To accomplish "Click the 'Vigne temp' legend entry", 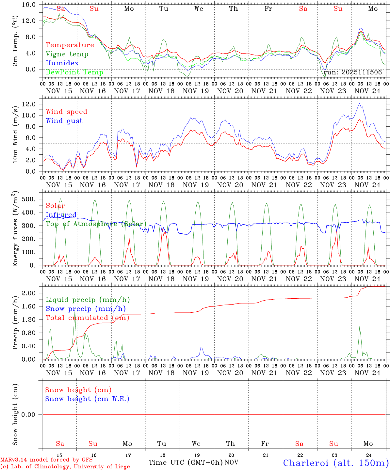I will [67, 54].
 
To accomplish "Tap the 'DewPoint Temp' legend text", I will [74, 72].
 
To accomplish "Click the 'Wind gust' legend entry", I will [64, 121].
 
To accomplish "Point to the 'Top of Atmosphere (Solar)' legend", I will [96, 224].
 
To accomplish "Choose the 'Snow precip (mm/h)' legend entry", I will [86, 309].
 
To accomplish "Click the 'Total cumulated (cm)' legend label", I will [87, 318].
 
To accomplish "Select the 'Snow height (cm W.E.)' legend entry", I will [87, 399].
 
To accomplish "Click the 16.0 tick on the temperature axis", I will [29, 5].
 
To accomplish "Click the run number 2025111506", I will [362, 72].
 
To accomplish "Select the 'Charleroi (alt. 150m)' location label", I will [336, 463].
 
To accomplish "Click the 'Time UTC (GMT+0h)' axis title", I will [186, 462].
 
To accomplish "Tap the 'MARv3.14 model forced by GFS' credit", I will [46, 460].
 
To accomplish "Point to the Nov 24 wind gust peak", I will [360, 104].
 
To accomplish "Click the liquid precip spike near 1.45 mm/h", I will [75, 311].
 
